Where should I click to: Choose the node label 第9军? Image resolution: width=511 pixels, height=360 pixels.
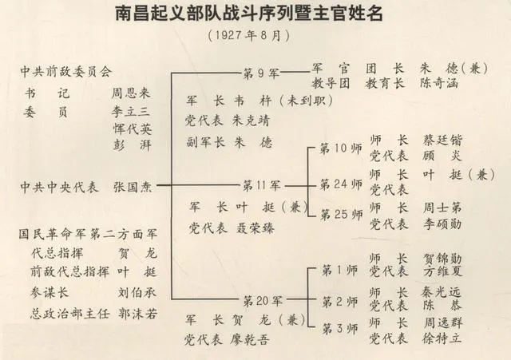tap(260, 74)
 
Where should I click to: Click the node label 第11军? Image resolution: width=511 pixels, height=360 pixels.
tap(262, 185)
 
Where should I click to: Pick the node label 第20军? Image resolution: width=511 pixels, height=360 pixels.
tap(262, 300)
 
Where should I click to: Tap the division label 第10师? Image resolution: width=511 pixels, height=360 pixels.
tap(341, 148)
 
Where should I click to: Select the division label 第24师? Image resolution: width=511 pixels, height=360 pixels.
tap(341, 184)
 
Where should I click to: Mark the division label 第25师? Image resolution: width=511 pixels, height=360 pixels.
tap(341, 214)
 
